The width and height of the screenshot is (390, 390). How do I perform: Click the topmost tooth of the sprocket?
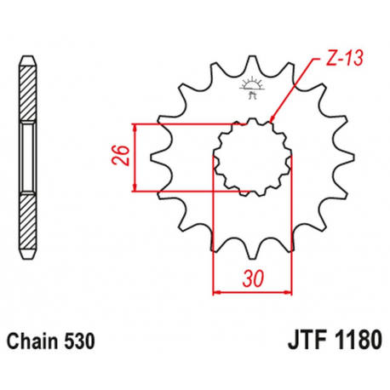[253, 65]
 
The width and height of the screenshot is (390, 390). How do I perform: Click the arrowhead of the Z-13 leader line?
[272, 121]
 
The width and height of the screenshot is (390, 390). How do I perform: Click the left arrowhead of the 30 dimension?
[215, 292]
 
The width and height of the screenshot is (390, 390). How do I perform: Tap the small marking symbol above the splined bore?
[251, 86]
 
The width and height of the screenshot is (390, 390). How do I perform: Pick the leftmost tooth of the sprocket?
[154, 158]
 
